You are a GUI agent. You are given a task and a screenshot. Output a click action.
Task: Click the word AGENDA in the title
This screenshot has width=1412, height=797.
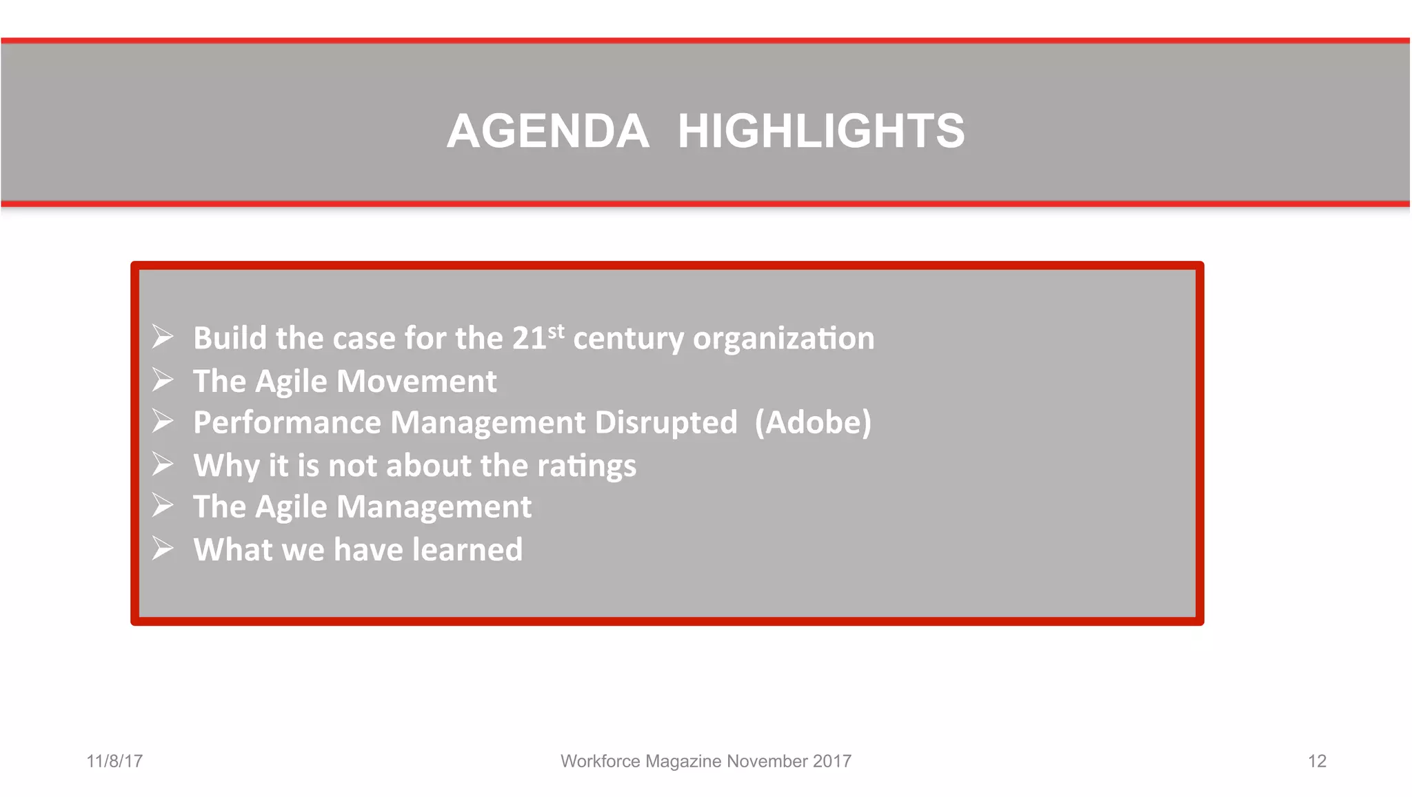coord(547,131)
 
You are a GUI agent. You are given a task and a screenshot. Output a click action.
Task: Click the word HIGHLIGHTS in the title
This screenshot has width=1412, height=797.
coord(820,131)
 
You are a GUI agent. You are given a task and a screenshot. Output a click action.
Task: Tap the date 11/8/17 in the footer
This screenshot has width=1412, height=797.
coord(114,761)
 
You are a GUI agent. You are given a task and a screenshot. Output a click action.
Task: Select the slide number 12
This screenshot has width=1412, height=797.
coord(1317,761)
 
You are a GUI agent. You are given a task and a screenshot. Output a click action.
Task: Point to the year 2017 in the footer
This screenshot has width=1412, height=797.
coord(831,761)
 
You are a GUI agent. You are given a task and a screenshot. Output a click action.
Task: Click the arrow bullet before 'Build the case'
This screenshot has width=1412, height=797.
coord(163,337)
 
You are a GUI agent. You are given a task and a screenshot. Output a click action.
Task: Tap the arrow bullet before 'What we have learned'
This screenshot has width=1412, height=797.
coord(163,549)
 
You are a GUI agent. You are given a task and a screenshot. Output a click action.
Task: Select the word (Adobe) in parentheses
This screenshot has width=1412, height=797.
coord(813,422)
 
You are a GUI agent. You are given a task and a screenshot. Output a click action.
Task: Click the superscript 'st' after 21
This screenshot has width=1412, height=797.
coord(556,331)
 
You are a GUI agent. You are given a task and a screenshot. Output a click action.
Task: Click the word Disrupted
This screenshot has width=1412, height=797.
coord(665,422)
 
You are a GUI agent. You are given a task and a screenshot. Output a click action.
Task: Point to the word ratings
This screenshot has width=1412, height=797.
coord(587,466)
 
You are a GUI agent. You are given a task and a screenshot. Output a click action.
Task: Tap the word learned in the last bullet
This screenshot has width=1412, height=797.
coord(467,550)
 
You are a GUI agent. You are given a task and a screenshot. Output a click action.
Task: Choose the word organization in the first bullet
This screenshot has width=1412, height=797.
coord(783,339)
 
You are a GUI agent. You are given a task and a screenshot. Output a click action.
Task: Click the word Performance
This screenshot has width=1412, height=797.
coord(287,422)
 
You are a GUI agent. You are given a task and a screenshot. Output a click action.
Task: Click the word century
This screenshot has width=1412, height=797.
coord(628,339)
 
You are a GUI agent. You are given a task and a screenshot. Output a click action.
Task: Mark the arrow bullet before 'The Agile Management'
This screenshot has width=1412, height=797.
coord(163,506)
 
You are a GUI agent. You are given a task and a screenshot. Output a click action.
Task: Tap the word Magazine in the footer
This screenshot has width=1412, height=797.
coord(683,761)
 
